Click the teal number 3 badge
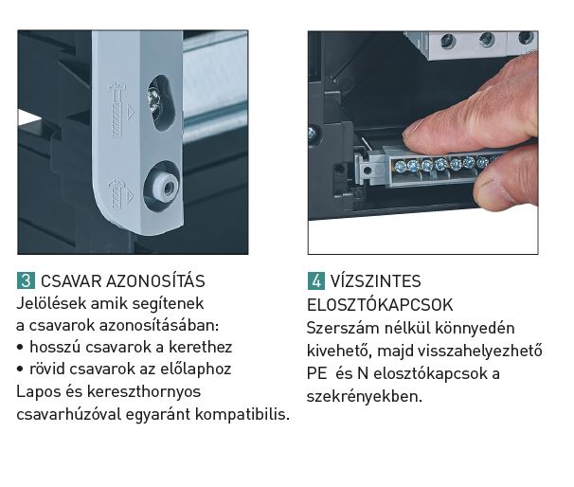coord(26,280)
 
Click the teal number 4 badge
coord(316,280)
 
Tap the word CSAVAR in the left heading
coord(71,281)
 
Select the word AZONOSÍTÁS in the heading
coord(155,280)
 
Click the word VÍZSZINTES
coord(376,281)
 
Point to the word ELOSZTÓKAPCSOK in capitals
coord(380,305)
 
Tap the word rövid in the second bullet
coord(46,369)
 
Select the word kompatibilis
coord(242,414)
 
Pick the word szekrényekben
coord(365,397)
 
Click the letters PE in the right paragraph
coord(316,373)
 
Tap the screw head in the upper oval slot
coord(154,100)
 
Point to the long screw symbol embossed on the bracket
coord(117,110)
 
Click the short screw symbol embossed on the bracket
coord(117,193)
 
